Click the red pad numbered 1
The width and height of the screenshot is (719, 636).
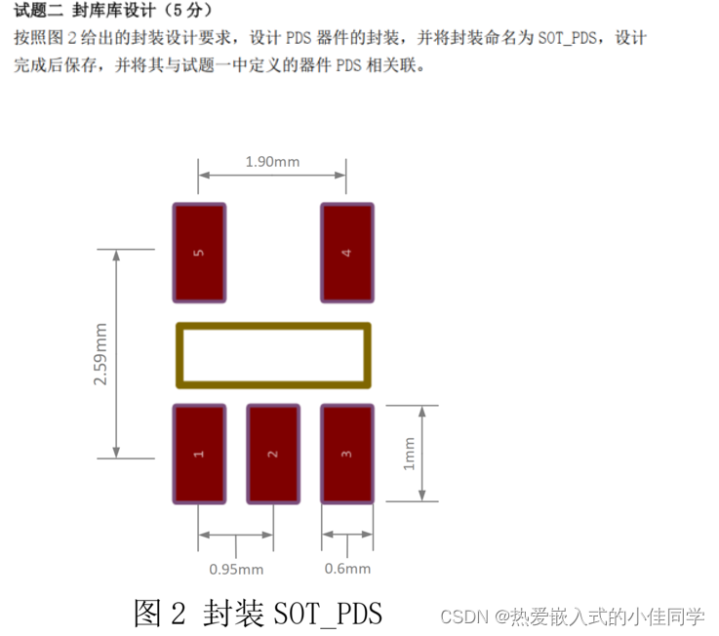click(199, 454)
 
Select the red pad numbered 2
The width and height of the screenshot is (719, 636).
click(272, 454)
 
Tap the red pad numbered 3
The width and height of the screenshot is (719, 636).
click(347, 454)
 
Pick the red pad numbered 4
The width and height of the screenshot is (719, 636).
click(347, 253)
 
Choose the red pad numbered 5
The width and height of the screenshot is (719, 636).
click(199, 253)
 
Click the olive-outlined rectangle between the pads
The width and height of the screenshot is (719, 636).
click(273, 355)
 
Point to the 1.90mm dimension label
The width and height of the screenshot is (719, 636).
click(272, 161)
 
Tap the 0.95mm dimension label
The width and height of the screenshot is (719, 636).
click(236, 569)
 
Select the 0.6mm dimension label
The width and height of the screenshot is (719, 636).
click(347, 569)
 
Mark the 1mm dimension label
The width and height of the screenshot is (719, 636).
click(410, 453)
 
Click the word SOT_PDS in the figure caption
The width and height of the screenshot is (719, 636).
click(328, 614)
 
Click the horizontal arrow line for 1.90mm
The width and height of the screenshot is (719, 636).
click(272, 176)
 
